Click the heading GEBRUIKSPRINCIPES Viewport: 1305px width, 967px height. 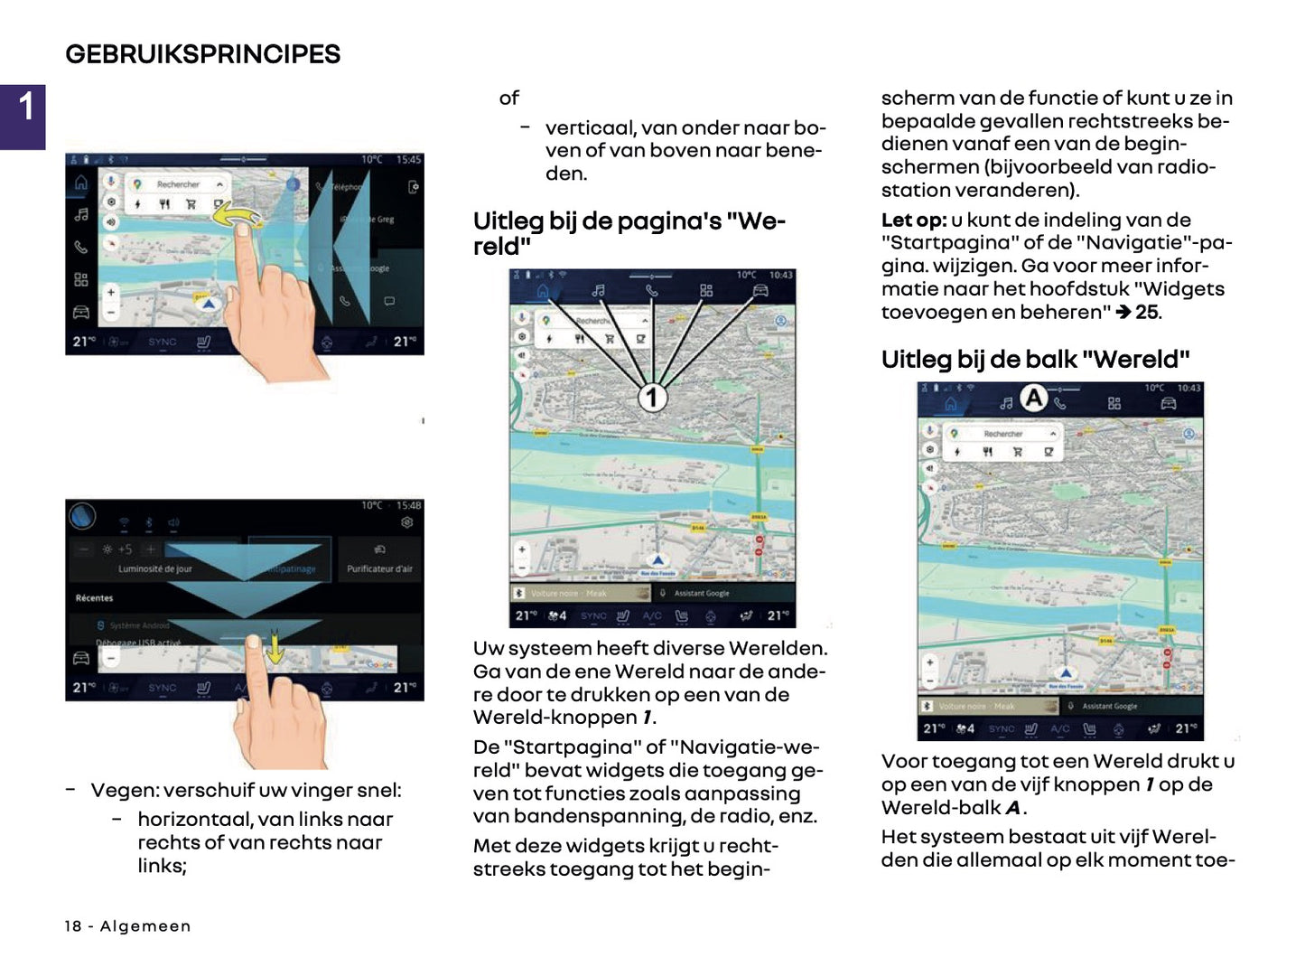pos(202,54)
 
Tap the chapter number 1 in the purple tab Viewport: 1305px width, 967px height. pos(26,108)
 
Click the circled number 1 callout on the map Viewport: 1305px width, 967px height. pos(652,397)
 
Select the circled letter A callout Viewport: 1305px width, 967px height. pos(1033,398)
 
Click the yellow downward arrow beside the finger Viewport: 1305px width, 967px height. pos(275,647)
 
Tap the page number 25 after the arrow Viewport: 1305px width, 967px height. pos(1147,313)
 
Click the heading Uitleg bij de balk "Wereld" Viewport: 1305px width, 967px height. pos(1035,360)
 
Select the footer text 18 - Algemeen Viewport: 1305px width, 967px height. pos(127,926)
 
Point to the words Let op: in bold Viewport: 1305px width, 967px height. pos(913,221)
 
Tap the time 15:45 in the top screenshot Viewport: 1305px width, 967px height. pos(408,160)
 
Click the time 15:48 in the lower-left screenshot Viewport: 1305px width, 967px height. pos(408,505)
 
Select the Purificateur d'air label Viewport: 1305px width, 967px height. pos(379,569)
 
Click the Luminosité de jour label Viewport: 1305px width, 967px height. pos(154,569)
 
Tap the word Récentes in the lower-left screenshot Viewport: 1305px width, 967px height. pos(94,598)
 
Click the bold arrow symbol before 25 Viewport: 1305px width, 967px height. pos(1123,313)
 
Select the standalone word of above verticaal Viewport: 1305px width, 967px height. pos(509,99)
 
